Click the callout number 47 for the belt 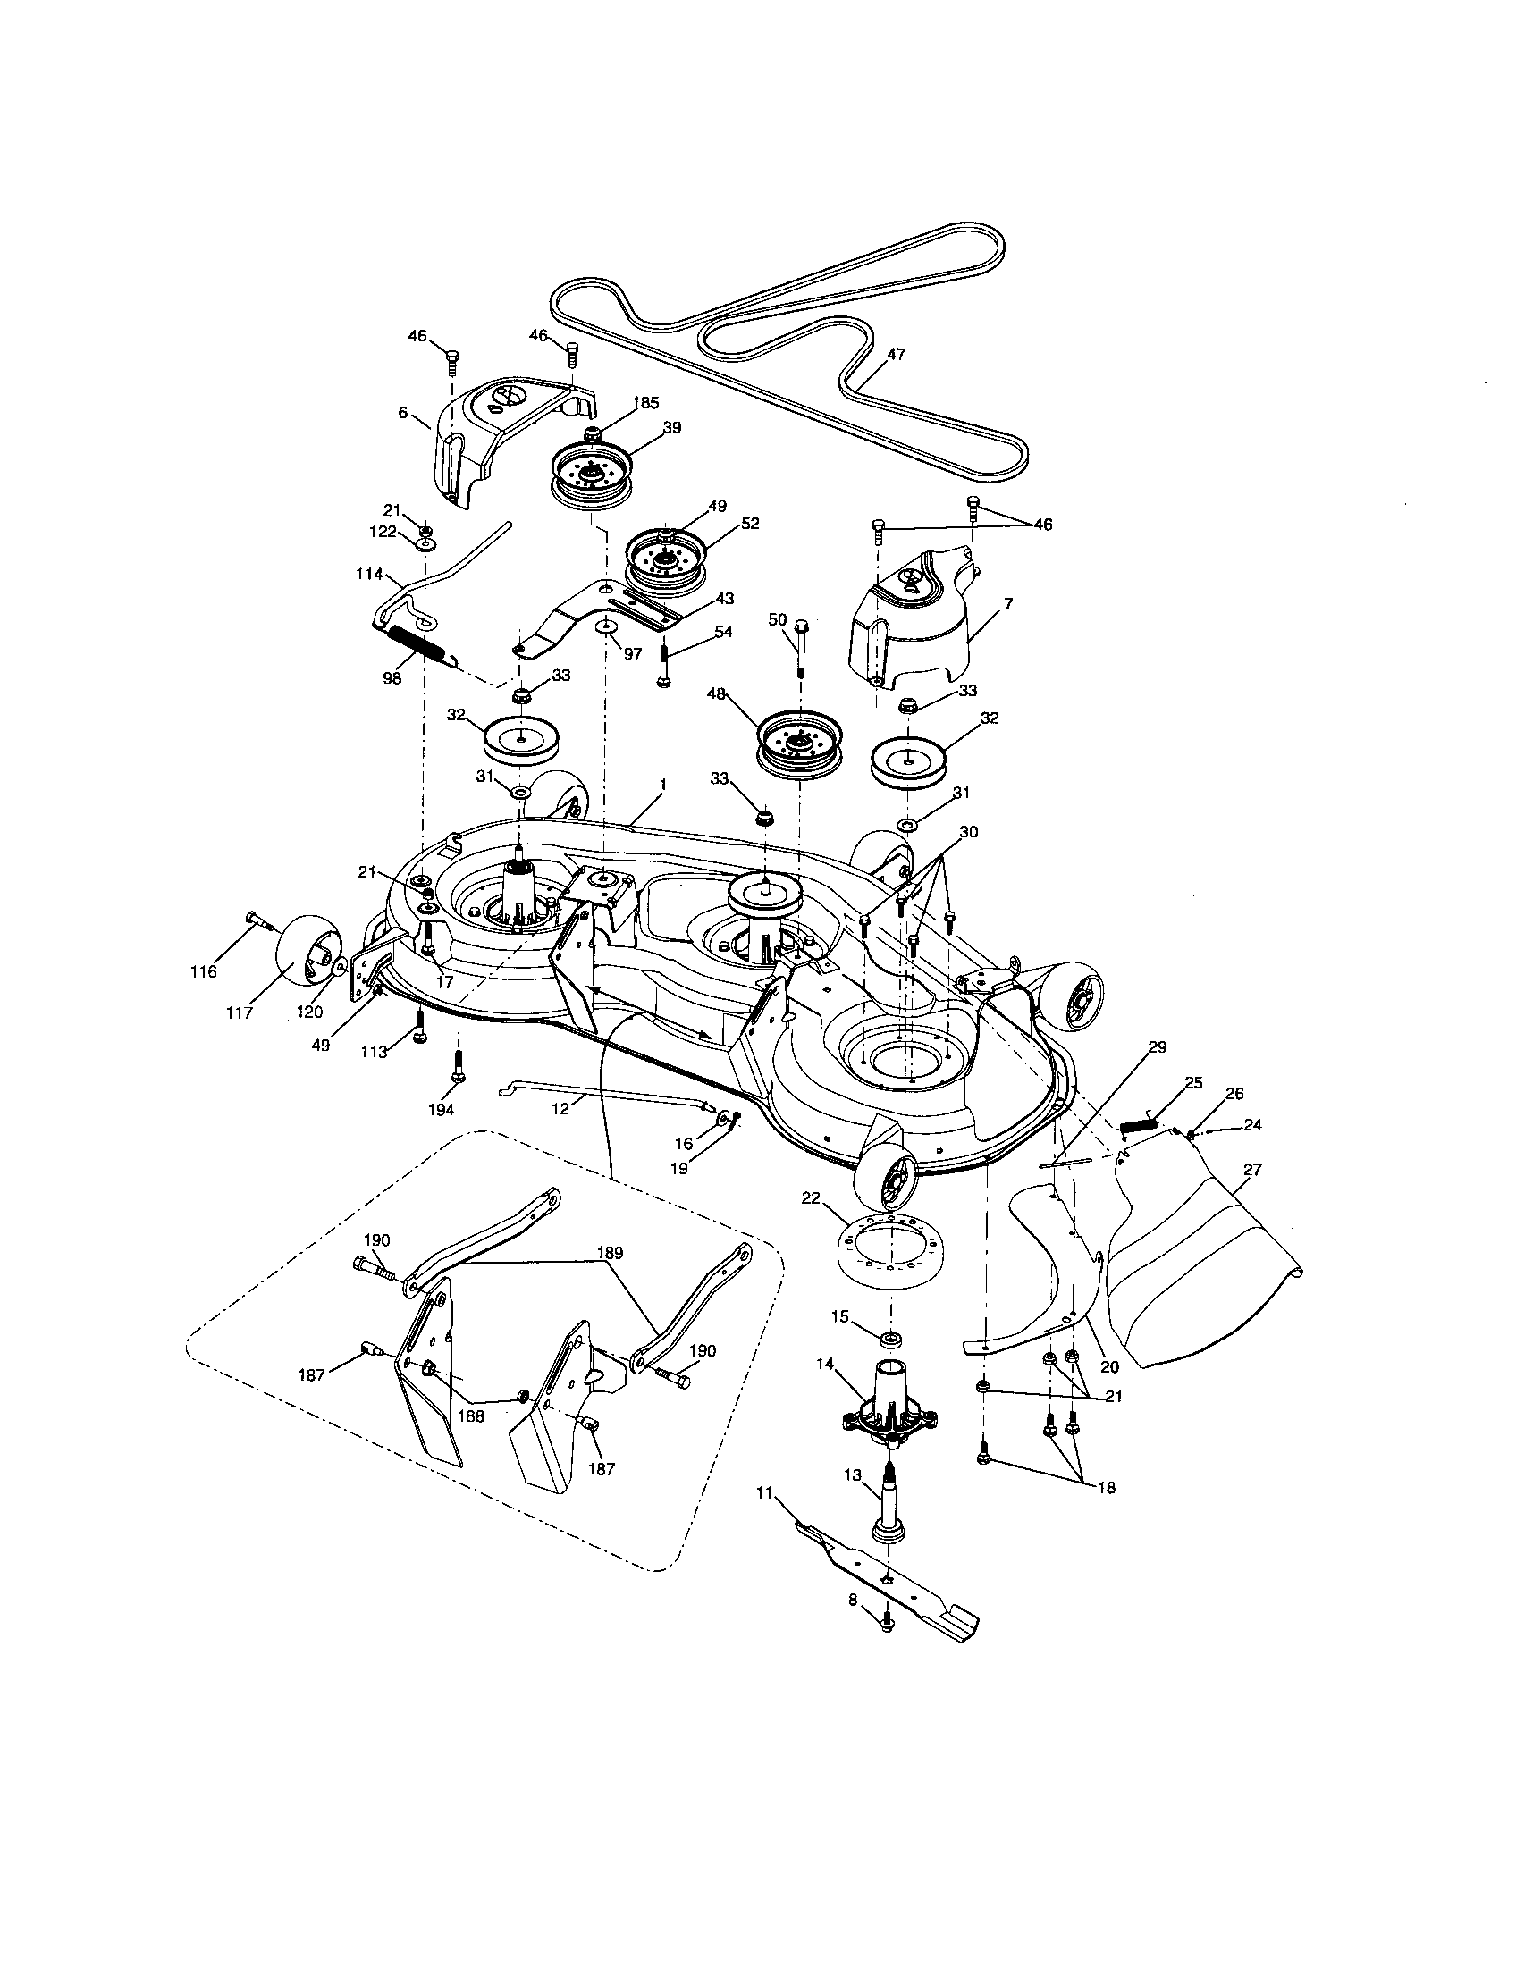click(x=895, y=355)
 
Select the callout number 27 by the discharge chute click(x=1251, y=1170)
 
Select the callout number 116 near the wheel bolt click(x=206, y=972)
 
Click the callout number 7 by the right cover click(x=1008, y=604)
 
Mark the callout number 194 click(x=441, y=1110)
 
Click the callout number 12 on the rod click(x=560, y=1110)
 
